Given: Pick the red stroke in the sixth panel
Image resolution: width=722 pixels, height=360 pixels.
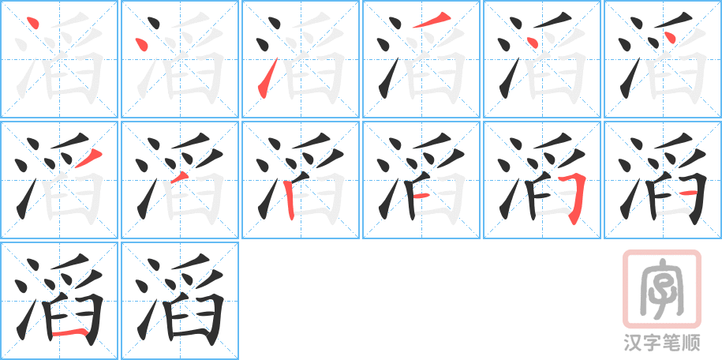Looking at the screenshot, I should pyautogui.click(x=670, y=38).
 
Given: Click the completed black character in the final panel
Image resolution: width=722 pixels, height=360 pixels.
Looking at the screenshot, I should pyautogui.click(x=180, y=300).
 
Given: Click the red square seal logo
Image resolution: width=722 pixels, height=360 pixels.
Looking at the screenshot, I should pyautogui.click(x=661, y=288).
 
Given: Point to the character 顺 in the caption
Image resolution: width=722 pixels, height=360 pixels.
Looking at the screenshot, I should pyautogui.click(x=692, y=343).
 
